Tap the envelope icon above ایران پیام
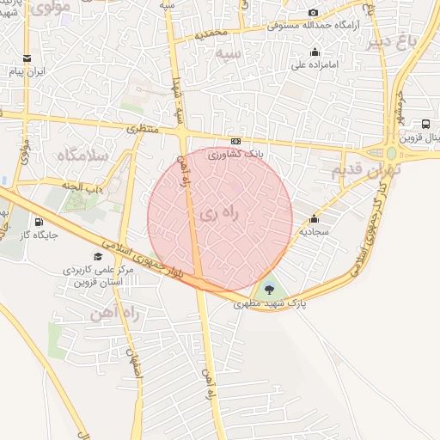click(x=27, y=58)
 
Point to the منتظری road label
click(x=144, y=129)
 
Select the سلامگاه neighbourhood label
click(x=84, y=155)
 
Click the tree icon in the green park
click(x=270, y=288)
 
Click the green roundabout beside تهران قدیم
click(x=392, y=154)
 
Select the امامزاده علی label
click(x=317, y=64)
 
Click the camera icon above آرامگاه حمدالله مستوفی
click(x=313, y=12)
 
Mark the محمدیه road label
click(x=211, y=34)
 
